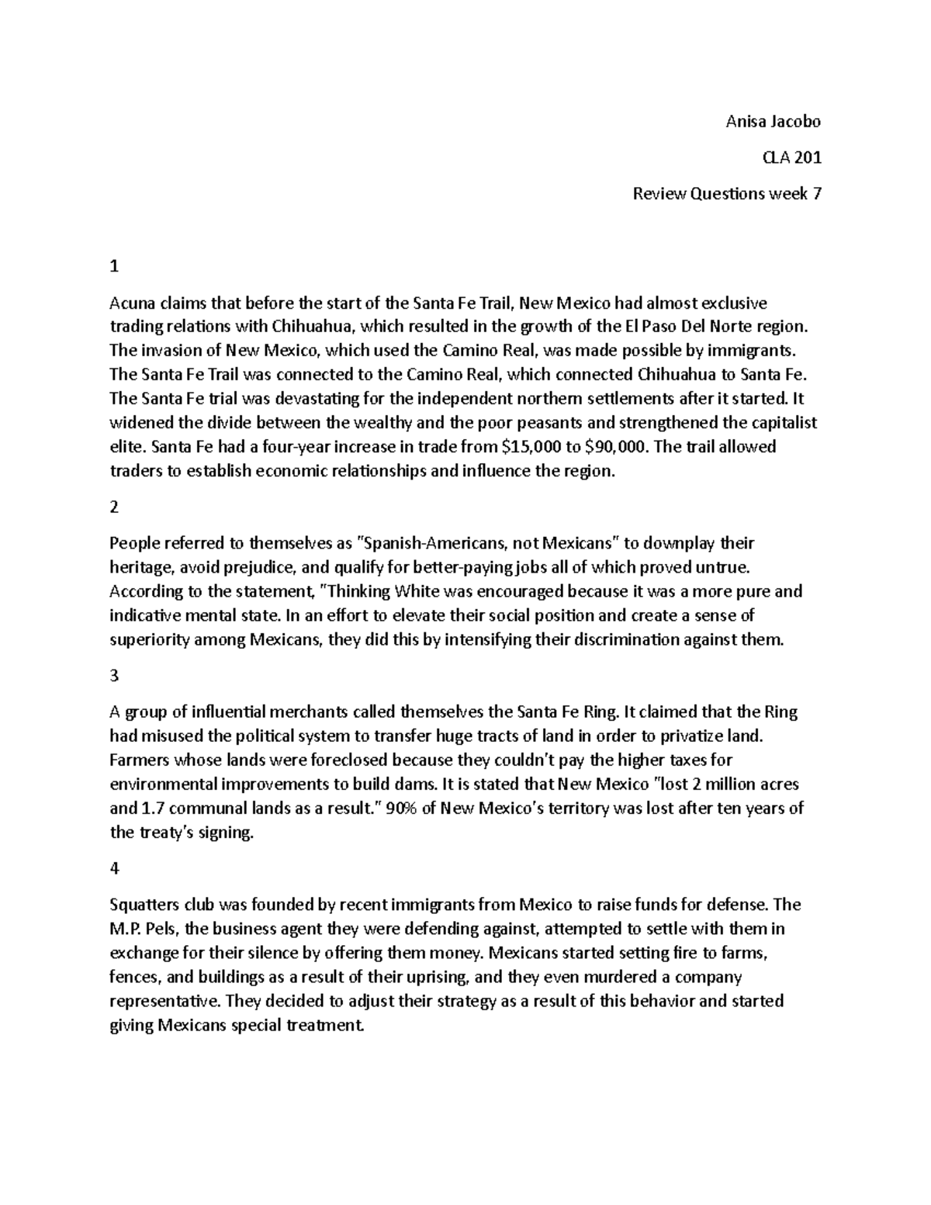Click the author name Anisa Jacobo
click(772, 122)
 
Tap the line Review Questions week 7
click(726, 194)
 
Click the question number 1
click(115, 266)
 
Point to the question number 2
click(115, 507)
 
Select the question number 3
click(115, 676)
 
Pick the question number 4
click(115, 869)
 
